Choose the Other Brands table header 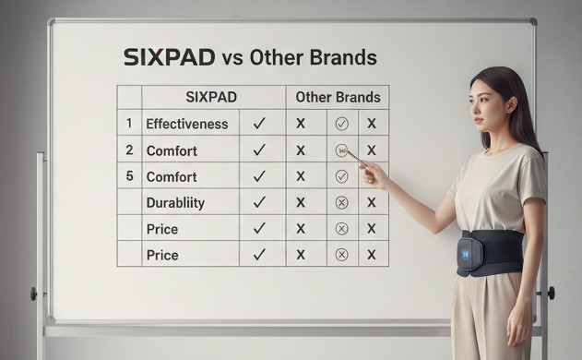click(x=336, y=96)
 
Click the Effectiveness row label click(x=187, y=123)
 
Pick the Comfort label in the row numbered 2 click(x=173, y=150)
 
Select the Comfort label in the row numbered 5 click(x=173, y=175)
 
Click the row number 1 click(x=129, y=123)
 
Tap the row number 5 click(x=129, y=175)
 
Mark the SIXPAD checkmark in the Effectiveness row click(x=260, y=123)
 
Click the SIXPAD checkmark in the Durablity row click(x=260, y=202)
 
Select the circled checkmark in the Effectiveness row click(x=341, y=123)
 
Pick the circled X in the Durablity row click(x=341, y=202)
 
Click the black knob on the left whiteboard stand click(x=34, y=294)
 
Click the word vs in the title click(x=232, y=58)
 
